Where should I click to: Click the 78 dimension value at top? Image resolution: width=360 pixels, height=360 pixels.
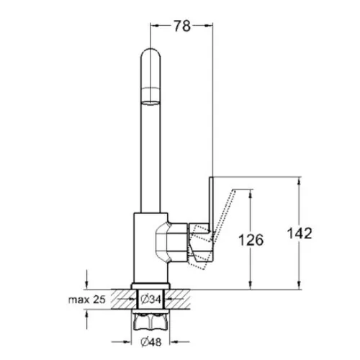182,26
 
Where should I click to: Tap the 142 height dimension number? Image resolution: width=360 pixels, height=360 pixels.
300,233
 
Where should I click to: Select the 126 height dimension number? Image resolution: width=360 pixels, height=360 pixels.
251,240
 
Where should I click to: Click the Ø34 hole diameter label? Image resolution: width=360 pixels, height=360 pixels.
151,300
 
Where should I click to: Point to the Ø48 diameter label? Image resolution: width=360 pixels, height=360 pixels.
151,342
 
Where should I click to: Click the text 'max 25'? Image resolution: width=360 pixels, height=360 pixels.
87,300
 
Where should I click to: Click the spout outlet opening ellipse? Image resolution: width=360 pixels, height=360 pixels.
150,103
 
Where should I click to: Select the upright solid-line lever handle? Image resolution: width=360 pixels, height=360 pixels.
211,204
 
